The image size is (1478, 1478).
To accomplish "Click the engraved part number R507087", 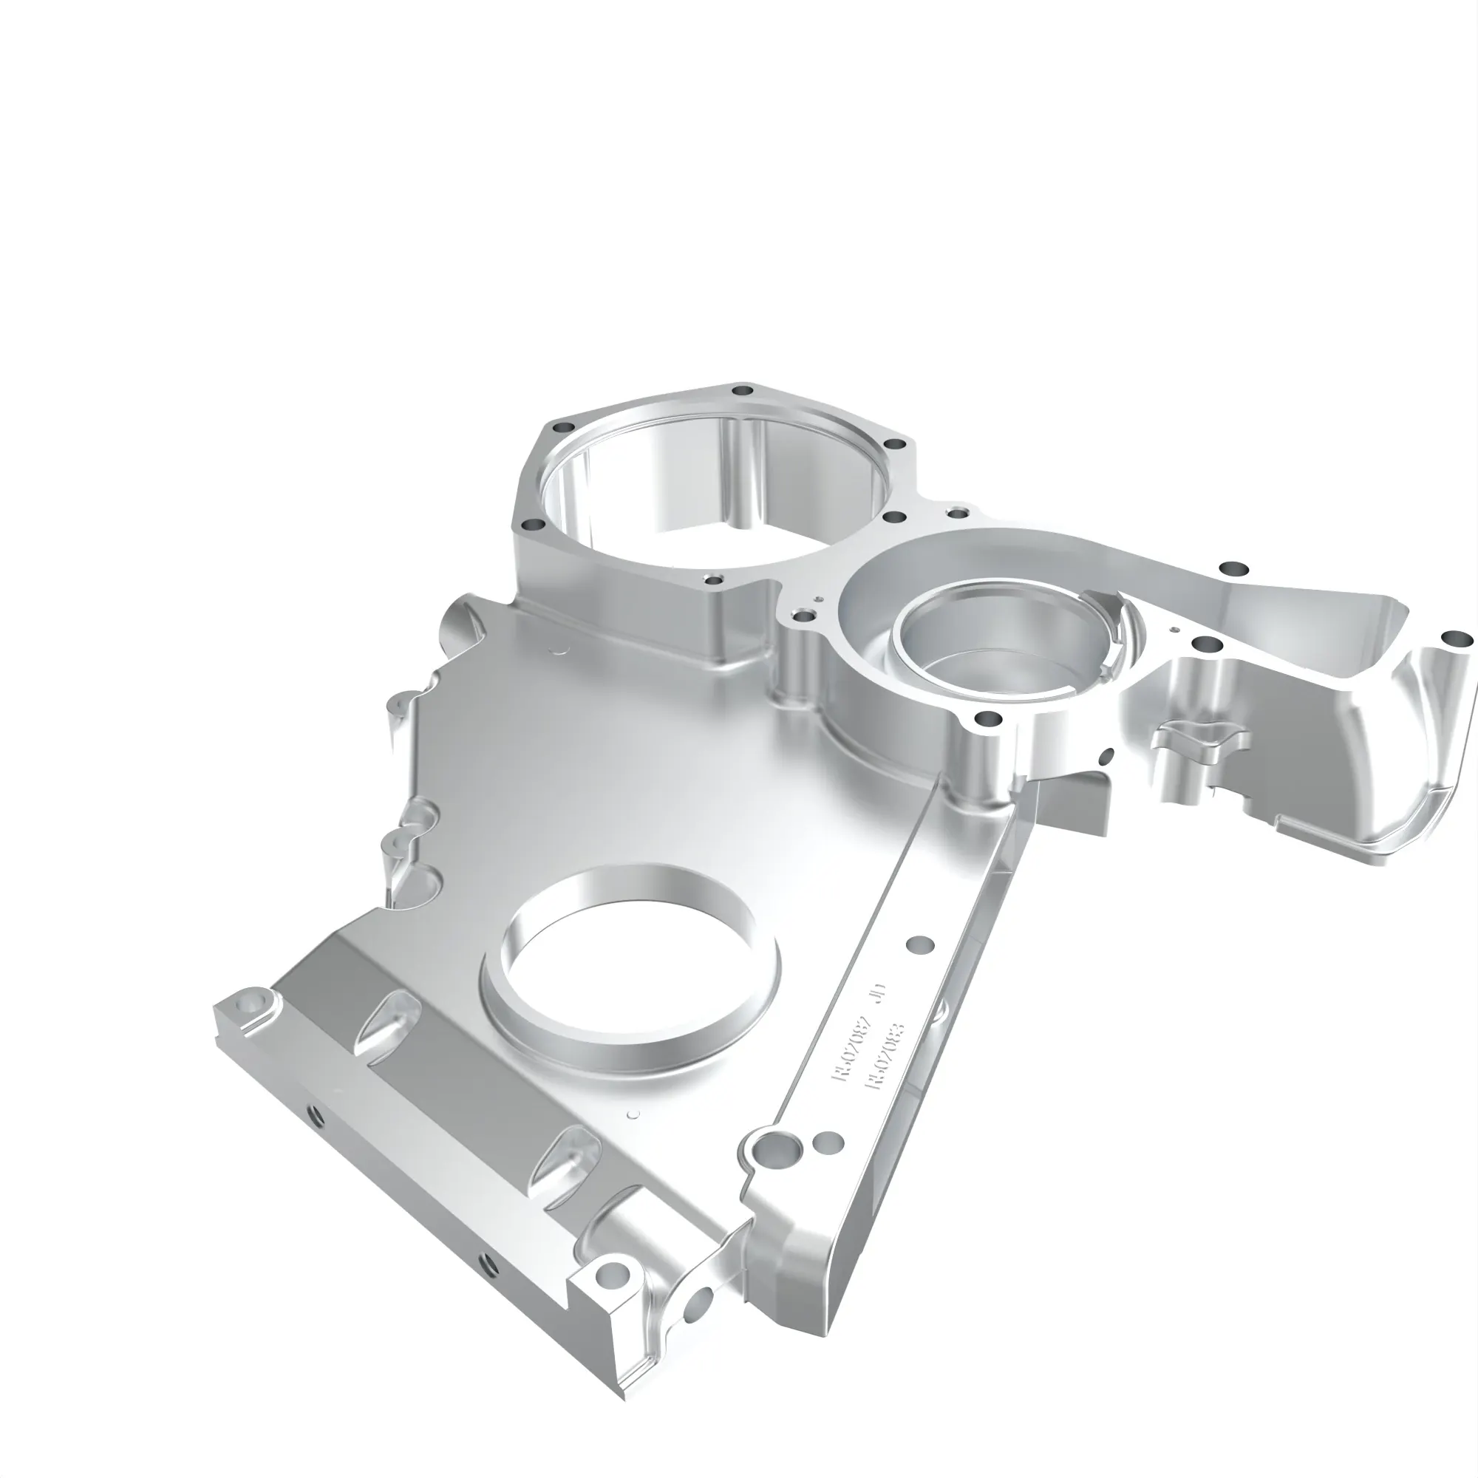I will point(853,1046).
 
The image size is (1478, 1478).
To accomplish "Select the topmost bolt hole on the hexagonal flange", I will point(739,391).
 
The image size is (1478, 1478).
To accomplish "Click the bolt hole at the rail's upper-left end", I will point(251,1000).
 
